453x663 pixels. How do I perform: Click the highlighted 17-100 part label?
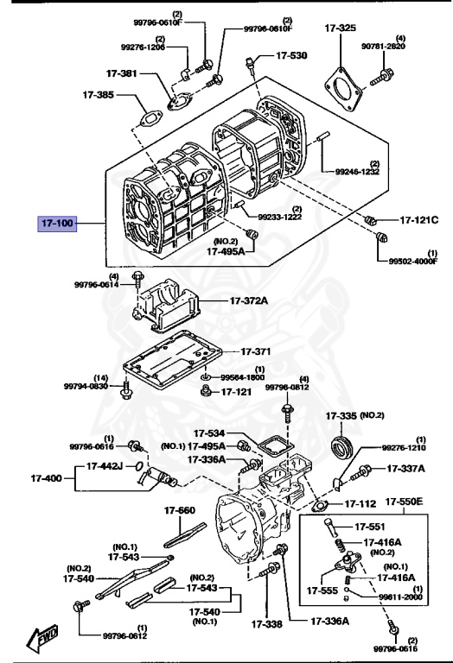[x=57, y=223]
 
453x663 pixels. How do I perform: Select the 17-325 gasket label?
[x=340, y=28]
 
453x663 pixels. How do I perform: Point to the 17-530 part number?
[x=291, y=55]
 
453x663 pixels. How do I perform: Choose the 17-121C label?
[x=418, y=220]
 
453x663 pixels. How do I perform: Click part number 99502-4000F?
[x=413, y=259]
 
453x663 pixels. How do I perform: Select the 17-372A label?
[x=249, y=300]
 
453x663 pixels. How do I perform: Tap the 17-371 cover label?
[x=256, y=352]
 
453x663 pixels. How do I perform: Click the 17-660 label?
[x=186, y=510]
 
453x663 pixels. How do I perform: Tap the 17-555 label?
[x=320, y=591]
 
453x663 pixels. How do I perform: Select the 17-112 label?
[x=360, y=503]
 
